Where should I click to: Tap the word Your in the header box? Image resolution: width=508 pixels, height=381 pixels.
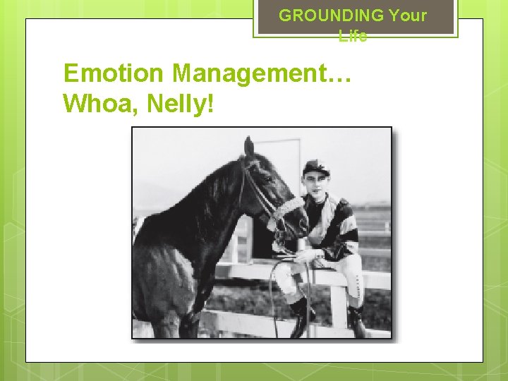point(408,15)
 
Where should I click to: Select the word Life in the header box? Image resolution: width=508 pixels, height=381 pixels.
point(353,36)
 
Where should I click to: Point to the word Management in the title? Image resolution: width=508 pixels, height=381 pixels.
point(260,73)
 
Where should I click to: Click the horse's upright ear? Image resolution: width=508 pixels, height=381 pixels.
point(248,147)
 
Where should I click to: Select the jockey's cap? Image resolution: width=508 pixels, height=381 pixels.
point(315,167)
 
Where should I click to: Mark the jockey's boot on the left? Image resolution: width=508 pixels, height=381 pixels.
point(299,317)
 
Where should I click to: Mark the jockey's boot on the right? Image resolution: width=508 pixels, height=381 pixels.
point(357,321)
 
